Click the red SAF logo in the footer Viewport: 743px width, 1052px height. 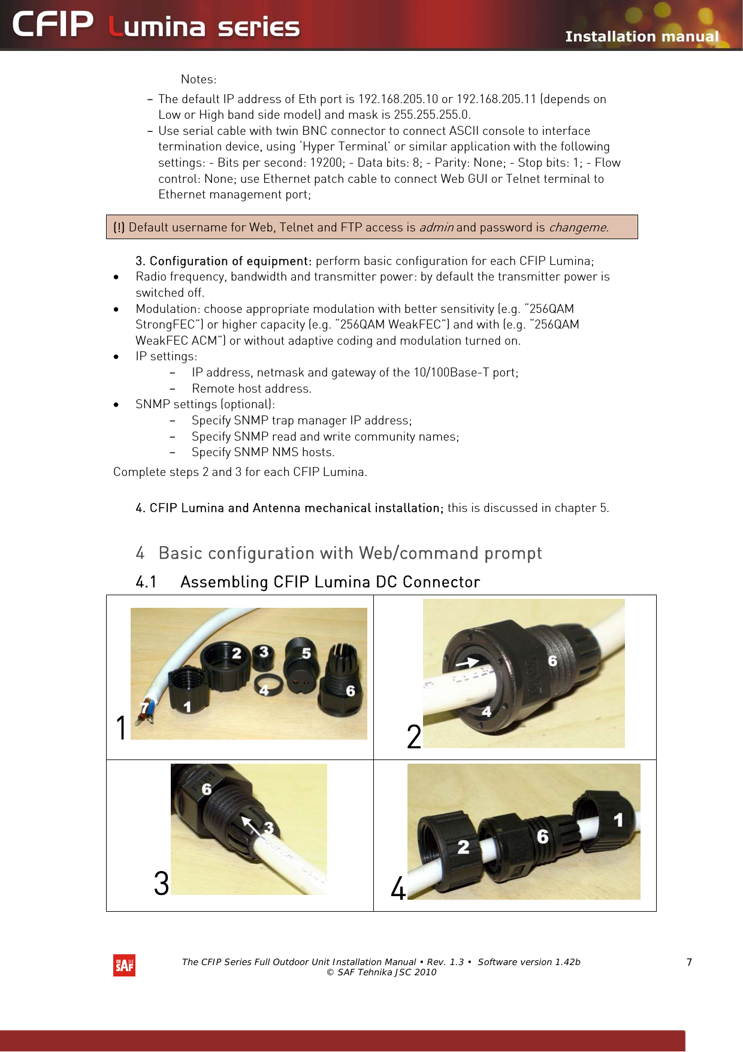coord(124,965)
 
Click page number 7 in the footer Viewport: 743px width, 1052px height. coord(689,962)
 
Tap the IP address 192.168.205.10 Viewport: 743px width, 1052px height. coord(398,99)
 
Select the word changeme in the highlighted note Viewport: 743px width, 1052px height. coord(578,227)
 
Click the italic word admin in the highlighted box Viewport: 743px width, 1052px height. coord(436,227)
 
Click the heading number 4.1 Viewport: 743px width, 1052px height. coord(146,582)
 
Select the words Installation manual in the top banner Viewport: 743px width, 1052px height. coord(641,37)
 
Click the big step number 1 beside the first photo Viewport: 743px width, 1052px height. coord(121,728)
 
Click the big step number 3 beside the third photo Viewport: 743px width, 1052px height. coord(161,883)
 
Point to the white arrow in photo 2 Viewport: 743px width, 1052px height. coord(467,662)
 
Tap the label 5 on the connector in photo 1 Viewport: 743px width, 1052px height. coord(306,653)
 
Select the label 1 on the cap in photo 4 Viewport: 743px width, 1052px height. coord(618,819)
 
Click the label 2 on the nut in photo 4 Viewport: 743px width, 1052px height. coord(463,847)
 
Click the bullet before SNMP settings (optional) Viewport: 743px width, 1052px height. coord(116,405)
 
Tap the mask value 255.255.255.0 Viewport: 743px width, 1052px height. coord(432,114)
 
